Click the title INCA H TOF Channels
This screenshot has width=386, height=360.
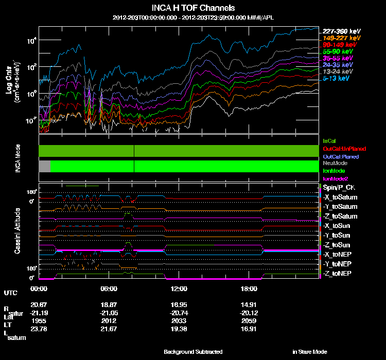pyautogui.click(x=194, y=8)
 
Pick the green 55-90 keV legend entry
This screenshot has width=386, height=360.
pyautogui.click(x=338, y=51)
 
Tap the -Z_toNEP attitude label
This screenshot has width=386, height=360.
pyautogui.click(x=338, y=273)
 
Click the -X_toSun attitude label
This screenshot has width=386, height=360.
pyautogui.click(x=338, y=225)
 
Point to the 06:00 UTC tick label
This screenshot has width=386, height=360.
pyautogui.click(x=109, y=289)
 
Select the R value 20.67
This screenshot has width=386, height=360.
pyautogui.click(x=39, y=304)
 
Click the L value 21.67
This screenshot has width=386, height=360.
pyautogui.click(x=109, y=328)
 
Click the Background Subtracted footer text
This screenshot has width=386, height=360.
pyautogui.click(x=193, y=352)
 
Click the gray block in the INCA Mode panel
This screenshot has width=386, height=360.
pyautogui.click(x=45, y=166)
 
